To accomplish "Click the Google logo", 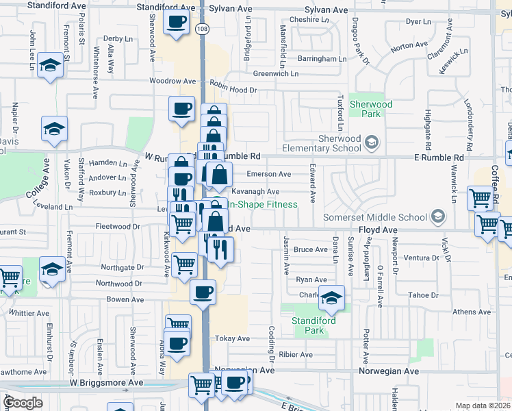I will coord(22,403).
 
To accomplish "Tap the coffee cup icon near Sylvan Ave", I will coord(177,23).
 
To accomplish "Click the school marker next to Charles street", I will coord(331,297).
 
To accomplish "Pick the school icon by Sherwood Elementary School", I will coord(372,143).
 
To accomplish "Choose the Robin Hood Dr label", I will coord(233,90).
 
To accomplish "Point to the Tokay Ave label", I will coord(233,338).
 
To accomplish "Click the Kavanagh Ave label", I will coord(255,192).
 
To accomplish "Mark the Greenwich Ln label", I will coord(276,73).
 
